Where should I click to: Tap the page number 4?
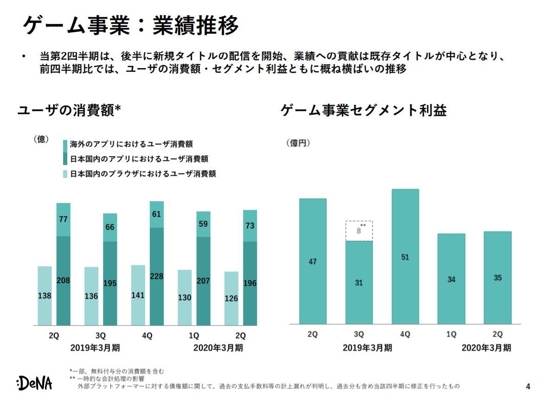pos(528,386)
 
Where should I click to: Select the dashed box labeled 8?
pos(359,231)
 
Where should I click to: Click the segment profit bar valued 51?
pos(405,257)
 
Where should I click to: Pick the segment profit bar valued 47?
pos(313,261)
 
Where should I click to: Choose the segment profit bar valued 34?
pos(451,279)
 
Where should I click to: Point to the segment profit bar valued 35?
pos(497,278)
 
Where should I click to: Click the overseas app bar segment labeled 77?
pos(64,220)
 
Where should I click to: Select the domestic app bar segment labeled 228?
pos(157,276)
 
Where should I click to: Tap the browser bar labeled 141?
pos(138,295)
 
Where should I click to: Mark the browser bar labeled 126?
pos(231,298)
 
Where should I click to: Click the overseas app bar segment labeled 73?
pos(250,226)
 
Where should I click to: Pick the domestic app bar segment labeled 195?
pos(110,283)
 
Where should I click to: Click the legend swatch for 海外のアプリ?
pos(65,144)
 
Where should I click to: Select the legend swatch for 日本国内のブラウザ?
pos(65,174)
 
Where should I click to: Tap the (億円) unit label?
pos(297,143)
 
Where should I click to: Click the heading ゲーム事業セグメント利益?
pos(364,110)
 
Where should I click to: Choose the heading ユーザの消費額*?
pos(70,110)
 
